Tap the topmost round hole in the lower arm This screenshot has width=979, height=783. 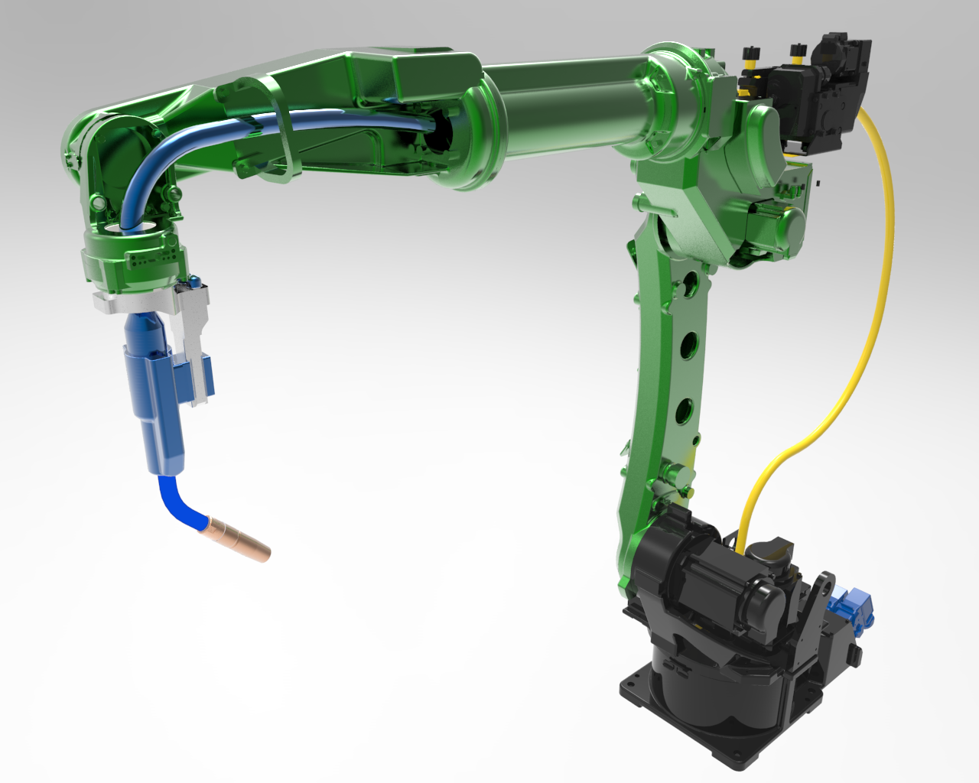(x=689, y=284)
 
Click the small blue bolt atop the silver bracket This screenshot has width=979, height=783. (x=197, y=281)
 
